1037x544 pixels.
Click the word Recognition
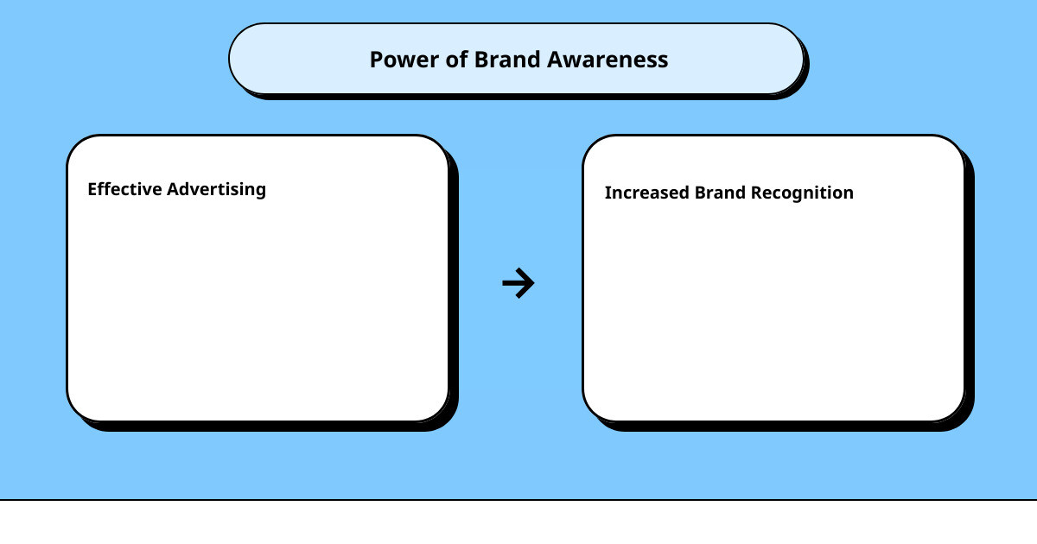point(802,193)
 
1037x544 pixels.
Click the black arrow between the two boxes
point(518,283)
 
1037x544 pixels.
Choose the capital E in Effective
point(92,189)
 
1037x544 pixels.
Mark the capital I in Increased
point(608,193)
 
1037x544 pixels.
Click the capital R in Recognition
point(756,193)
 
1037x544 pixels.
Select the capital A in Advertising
point(173,189)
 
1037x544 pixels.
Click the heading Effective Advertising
point(176,190)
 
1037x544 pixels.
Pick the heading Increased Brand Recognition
point(728,193)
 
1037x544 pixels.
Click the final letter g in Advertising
point(260,192)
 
